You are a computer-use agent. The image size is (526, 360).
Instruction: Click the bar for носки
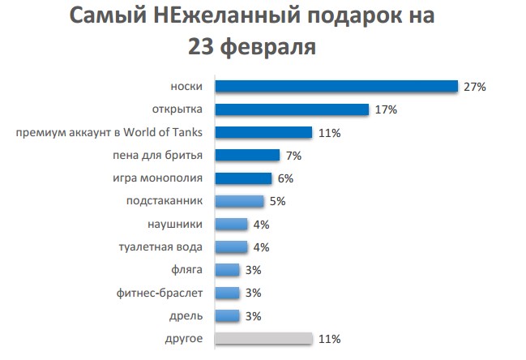[336, 87]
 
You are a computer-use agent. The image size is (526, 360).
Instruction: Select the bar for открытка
[291, 109]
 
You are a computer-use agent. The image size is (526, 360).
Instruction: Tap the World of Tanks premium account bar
[263, 132]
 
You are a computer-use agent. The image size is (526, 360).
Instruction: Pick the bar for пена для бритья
[247, 155]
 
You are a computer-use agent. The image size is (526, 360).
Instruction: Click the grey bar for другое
[263, 338]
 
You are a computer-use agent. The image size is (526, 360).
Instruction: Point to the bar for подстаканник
[239, 201]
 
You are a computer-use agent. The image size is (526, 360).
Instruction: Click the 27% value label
[473, 87]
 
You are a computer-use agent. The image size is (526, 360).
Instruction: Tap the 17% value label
[384, 109]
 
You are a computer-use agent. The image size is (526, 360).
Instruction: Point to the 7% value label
[293, 155]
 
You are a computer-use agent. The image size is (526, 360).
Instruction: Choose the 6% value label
[285, 178]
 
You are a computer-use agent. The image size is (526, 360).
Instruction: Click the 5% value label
[278, 201]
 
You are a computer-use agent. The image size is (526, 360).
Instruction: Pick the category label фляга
[187, 270]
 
